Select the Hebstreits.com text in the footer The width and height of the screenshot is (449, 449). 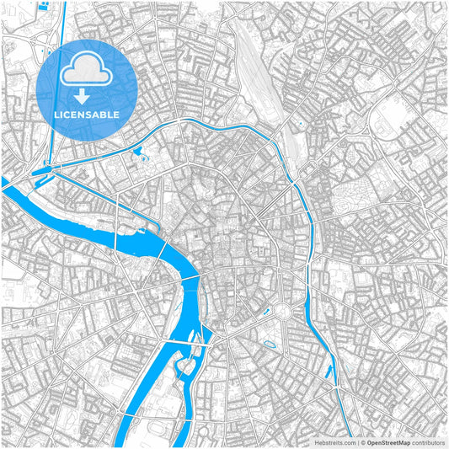[333, 441]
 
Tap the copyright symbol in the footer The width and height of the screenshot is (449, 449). [363, 441]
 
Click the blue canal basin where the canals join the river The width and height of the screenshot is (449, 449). [42, 172]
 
